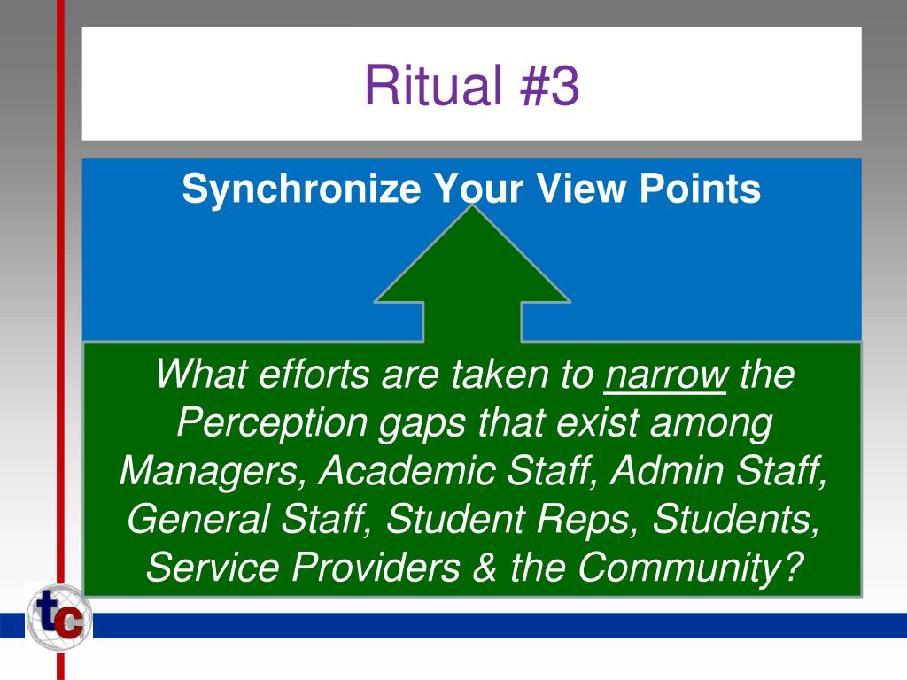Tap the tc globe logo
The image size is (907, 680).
(58, 618)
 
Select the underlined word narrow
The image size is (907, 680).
(666, 376)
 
